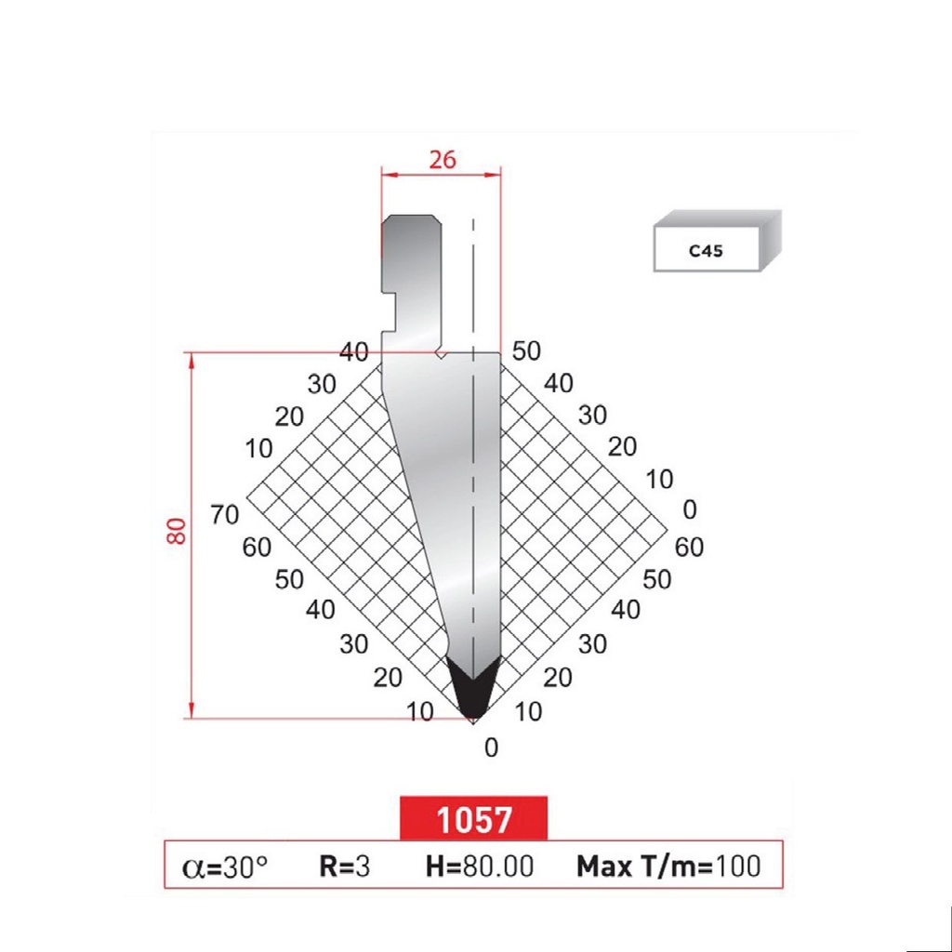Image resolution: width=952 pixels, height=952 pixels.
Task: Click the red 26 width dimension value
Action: (442, 159)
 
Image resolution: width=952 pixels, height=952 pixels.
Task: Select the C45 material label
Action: (707, 250)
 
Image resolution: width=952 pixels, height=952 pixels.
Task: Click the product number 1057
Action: (474, 819)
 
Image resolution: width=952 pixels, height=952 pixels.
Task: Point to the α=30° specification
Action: (226, 866)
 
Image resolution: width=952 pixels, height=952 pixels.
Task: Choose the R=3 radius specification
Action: (344, 866)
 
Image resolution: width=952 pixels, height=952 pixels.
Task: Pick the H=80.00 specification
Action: (479, 866)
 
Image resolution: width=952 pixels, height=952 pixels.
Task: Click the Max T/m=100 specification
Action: (668, 866)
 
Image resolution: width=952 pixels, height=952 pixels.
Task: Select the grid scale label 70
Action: (225, 514)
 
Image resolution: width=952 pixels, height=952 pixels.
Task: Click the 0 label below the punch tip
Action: (492, 747)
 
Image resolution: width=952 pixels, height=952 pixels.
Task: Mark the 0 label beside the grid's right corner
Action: (689, 509)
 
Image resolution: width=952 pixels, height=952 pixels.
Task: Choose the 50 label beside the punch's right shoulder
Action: (526, 351)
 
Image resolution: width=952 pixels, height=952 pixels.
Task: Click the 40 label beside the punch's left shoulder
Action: (354, 351)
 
